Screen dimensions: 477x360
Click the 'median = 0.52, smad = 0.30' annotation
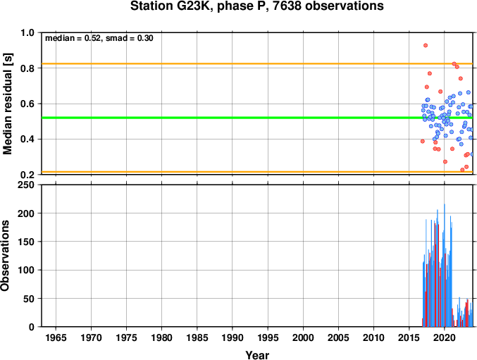point(99,38)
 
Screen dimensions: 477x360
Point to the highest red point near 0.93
point(426,45)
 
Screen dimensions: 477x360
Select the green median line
point(257,118)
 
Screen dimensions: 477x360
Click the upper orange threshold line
point(257,63)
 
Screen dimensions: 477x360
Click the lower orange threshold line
point(257,172)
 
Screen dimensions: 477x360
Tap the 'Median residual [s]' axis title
point(7,104)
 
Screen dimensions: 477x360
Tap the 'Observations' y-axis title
point(5,256)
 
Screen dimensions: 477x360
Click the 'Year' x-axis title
point(257,355)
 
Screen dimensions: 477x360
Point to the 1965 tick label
point(56,337)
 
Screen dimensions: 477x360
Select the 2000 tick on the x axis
point(303,337)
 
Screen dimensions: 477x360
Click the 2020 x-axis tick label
point(445,337)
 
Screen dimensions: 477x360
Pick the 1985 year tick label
point(197,337)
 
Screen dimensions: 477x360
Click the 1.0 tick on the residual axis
point(27,32)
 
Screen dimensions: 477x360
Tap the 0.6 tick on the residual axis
point(27,104)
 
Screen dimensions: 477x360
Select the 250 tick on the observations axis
point(26,185)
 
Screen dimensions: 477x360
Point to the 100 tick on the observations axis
point(26,270)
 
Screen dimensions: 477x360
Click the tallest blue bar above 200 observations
point(445,265)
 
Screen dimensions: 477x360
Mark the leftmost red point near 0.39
point(423,141)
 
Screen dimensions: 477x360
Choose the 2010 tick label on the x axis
point(373,337)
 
